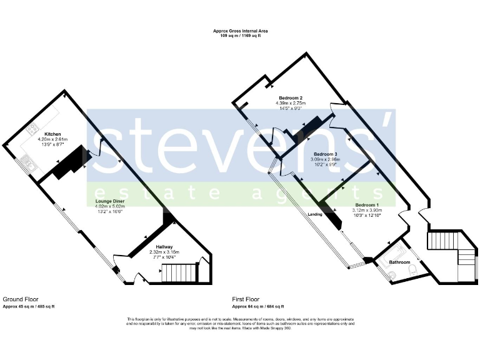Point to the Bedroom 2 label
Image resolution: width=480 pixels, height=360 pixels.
point(291,98)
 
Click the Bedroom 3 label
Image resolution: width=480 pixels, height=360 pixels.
point(326,154)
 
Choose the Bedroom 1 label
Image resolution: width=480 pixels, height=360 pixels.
point(367,205)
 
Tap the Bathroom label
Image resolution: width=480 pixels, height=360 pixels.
point(401,262)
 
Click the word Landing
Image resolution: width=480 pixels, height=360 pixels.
point(315,214)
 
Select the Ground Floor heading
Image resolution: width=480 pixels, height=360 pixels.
point(17,299)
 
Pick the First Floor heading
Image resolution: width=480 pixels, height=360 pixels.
point(246,299)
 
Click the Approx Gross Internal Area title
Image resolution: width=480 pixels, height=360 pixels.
point(239,30)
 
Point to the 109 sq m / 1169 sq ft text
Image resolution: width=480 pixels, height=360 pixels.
point(239,35)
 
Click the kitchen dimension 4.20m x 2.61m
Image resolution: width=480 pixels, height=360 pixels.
point(52,139)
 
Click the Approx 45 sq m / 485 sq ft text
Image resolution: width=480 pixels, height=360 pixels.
point(29,306)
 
